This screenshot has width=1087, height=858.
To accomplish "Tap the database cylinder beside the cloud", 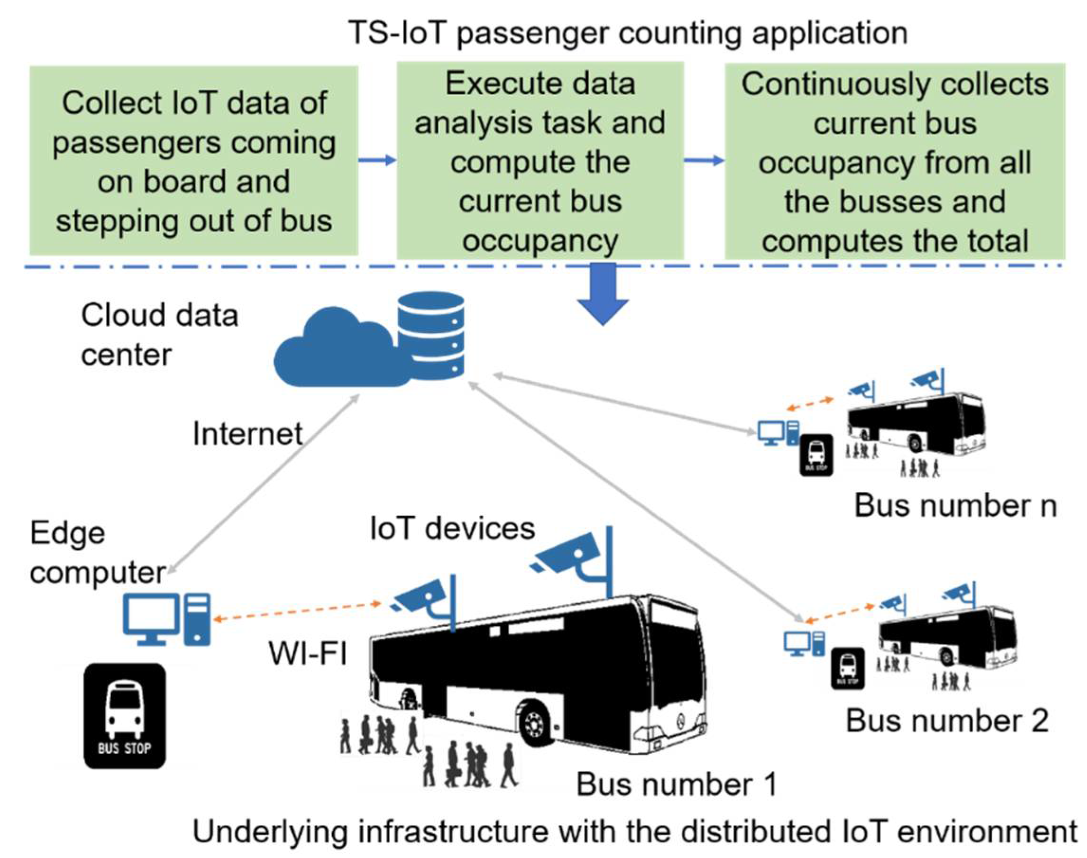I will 430,334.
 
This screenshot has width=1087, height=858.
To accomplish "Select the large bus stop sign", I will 125,715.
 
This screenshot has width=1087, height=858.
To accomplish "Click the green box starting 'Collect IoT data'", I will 194,161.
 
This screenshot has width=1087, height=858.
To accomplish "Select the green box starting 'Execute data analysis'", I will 540,161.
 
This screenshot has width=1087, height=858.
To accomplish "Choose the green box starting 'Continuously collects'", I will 895,161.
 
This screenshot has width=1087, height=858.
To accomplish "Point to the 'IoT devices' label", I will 452,529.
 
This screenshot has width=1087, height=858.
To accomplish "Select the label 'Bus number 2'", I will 947,721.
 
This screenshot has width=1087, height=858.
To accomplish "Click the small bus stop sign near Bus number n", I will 816,455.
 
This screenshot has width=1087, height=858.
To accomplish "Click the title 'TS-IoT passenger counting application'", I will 628,33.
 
